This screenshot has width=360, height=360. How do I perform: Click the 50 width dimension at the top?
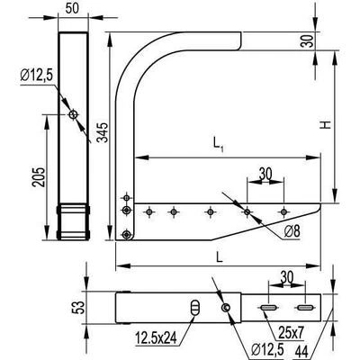[72, 8]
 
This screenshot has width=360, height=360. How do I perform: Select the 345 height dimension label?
[103, 132]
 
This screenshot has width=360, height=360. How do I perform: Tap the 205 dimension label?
[39, 177]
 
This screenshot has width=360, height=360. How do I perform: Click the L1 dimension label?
[218, 144]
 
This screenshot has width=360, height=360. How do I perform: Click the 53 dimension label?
[77, 308]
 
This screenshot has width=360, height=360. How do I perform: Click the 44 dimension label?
[303, 350]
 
